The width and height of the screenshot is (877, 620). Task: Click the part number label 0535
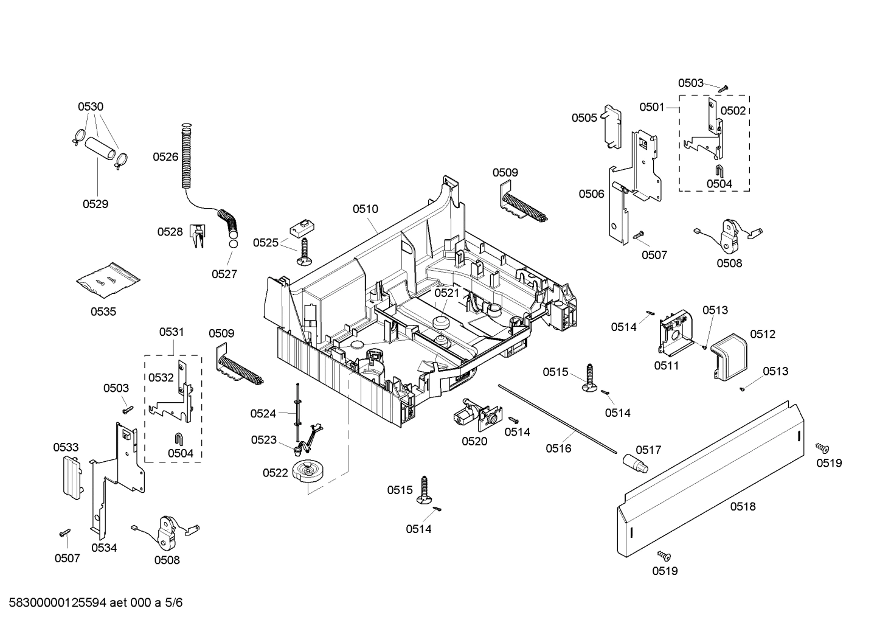pyautogui.click(x=103, y=312)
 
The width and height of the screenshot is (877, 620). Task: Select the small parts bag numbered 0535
pyautogui.click(x=108, y=280)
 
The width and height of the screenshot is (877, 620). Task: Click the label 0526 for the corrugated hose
pyautogui.click(x=165, y=157)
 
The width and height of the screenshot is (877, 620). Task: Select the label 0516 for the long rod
pyautogui.click(x=558, y=448)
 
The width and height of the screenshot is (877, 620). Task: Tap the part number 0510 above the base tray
pyautogui.click(x=365, y=209)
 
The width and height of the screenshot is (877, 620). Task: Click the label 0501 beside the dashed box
pyautogui.click(x=651, y=107)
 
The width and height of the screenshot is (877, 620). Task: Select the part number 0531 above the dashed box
pyautogui.click(x=172, y=332)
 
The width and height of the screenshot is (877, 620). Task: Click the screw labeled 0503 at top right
pyautogui.click(x=723, y=88)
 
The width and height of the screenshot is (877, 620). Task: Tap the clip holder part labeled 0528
pyautogui.click(x=198, y=237)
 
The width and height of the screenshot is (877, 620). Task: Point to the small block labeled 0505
pyautogui.click(x=612, y=127)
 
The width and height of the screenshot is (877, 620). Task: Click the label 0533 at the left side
pyautogui.click(x=66, y=447)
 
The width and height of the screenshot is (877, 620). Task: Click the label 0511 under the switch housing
pyautogui.click(x=666, y=366)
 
